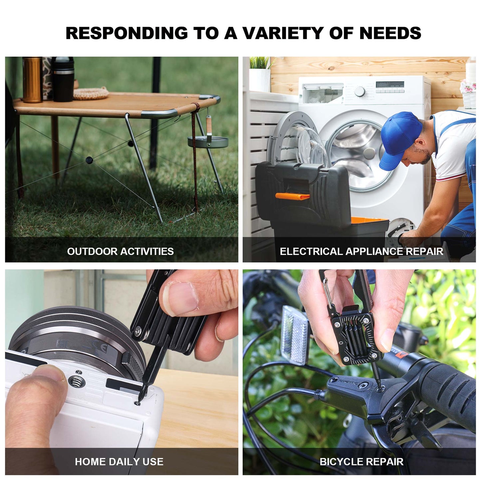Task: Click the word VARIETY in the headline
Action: [283, 33]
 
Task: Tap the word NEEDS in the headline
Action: [390, 33]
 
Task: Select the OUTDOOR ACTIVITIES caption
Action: [120, 251]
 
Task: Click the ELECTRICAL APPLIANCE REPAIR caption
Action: [361, 251]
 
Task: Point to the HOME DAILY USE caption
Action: [119, 455]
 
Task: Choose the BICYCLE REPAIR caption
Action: [361, 455]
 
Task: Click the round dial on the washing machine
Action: [360, 92]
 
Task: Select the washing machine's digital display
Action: [390, 84]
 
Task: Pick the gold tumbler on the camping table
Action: [32, 80]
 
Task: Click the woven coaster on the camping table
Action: [91, 93]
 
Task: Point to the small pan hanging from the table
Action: [208, 141]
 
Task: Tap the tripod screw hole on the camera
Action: [77, 382]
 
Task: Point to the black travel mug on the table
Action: [63, 79]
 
